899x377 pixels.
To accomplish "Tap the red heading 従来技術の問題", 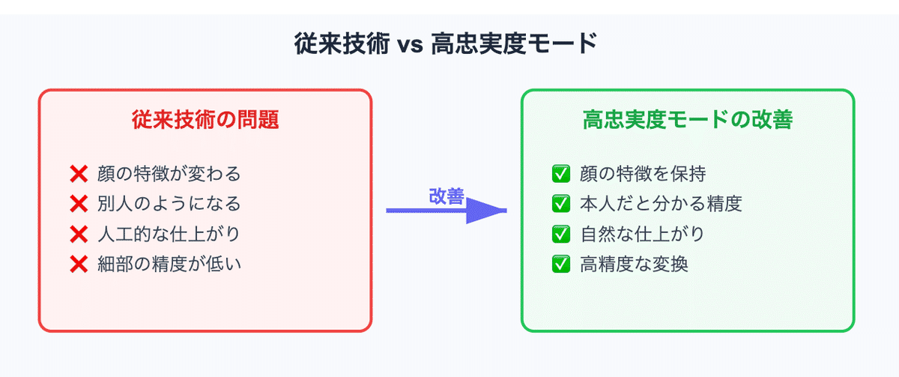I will coord(205,120).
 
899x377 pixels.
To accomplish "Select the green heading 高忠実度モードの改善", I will coord(688,120).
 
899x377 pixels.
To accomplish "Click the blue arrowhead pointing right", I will coord(487,211).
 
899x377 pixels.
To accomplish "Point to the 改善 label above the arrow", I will coord(446,196).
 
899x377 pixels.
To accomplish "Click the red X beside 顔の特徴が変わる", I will coord(79,174).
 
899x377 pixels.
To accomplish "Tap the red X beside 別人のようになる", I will coord(79,204).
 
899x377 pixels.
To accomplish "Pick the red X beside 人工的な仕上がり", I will coord(79,234).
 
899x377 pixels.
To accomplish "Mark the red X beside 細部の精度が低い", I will coord(79,264).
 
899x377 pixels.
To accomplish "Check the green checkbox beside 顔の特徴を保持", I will coord(560,174).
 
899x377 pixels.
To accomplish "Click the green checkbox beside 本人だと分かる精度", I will coord(560,204).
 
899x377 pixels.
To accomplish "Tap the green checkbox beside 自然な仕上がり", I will coord(560,234).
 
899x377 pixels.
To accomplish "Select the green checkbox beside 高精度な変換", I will coord(560,264).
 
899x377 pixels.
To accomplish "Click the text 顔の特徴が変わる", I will coord(169,174).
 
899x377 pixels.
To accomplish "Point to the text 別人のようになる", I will coord(169,204).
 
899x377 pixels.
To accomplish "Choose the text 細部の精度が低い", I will coord(169,264).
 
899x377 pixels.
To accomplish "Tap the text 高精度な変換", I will coord(634,264).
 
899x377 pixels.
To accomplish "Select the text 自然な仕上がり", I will coord(643,234).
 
